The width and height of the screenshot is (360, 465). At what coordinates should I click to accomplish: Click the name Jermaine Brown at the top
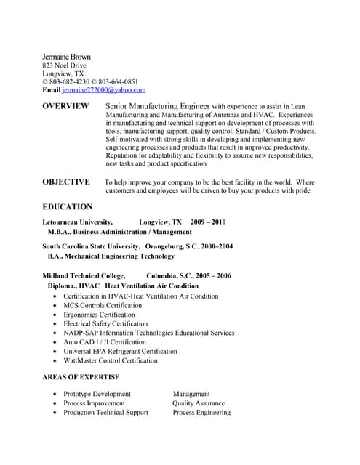pos(66,57)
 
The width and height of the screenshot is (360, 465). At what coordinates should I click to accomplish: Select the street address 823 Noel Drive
pos(64,65)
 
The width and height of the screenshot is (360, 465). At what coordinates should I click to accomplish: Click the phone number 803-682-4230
pos(71,82)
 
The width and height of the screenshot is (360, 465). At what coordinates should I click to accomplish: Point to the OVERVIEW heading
pos(65,106)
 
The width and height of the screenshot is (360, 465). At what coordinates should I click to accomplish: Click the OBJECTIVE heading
pos(66,182)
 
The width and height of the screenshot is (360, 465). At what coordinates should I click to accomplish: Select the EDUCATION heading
pos(68,206)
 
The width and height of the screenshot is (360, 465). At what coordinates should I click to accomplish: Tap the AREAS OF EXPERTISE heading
pos(81,377)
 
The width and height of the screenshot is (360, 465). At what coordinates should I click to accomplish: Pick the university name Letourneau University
pos(78,222)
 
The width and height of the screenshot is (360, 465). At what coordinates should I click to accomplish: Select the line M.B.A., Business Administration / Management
pos(120,232)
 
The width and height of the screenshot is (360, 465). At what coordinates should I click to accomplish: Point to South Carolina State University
pos(91,246)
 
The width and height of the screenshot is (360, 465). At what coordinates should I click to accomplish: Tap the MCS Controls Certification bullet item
pos(103,306)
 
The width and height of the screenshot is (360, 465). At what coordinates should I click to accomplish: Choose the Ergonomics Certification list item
pos(99,315)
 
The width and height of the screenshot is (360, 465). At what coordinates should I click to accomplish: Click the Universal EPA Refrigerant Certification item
pos(120,351)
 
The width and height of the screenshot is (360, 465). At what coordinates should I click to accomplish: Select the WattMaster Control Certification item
pos(110,360)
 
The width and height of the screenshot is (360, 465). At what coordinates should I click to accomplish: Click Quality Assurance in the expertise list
pos(199,403)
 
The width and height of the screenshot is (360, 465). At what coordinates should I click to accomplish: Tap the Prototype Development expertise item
pos(97,394)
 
